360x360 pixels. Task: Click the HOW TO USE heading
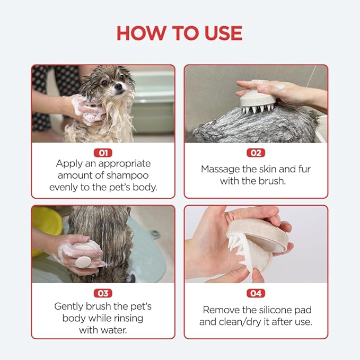179,33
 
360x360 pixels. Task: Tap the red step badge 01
103,153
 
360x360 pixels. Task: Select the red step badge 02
256,153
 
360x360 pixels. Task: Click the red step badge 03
103,293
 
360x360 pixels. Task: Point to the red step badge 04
256,293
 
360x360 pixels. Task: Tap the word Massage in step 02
220,169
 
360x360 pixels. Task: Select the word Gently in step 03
69,306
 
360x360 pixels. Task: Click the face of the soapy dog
112,85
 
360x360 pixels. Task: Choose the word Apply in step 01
69,164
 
